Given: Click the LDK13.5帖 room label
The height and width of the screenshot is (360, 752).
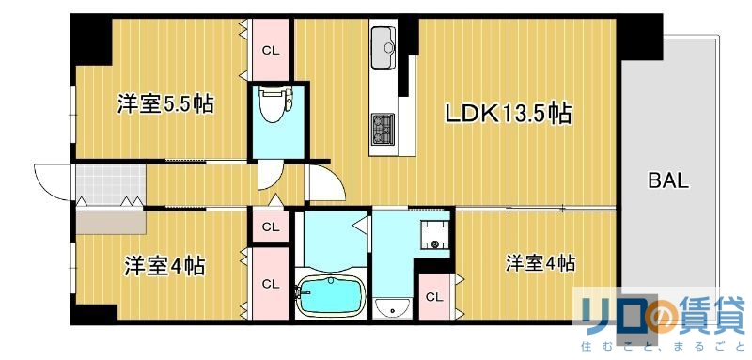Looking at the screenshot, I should pos(508,114).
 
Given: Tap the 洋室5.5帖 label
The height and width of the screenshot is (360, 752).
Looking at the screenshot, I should pos(165,103).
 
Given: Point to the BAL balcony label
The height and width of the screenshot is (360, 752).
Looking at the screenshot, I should pos(668,180).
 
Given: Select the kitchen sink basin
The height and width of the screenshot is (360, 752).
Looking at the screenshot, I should pos(385,46).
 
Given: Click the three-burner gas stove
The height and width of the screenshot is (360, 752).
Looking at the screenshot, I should pos(385,129).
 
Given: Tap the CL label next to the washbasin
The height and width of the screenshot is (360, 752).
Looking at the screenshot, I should pos(433,297).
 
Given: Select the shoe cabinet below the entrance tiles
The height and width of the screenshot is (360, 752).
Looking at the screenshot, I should pos(110,221).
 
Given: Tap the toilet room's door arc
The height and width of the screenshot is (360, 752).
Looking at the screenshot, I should pos(269,175).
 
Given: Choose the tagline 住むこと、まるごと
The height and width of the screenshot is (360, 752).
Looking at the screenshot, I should pos(664,348).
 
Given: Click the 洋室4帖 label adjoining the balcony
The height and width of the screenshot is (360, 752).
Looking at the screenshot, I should pos(540,263).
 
